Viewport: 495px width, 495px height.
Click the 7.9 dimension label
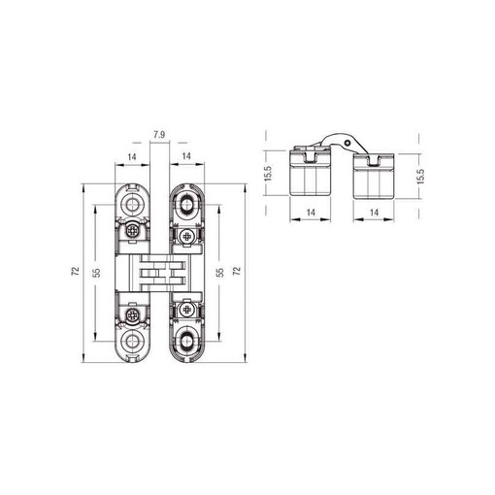click(159, 135)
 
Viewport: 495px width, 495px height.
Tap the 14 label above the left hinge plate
click(132, 157)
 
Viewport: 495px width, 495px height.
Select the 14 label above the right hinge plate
click(186, 156)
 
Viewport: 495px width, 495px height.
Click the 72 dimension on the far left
click(75, 271)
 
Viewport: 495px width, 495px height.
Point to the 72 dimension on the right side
click(237, 271)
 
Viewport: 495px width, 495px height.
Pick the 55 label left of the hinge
click(96, 273)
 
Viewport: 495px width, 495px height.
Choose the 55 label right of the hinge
click(219, 273)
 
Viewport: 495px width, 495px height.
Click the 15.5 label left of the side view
click(269, 173)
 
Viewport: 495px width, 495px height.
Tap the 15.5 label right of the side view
click(420, 177)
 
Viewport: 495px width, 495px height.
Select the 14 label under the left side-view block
click(311, 213)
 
